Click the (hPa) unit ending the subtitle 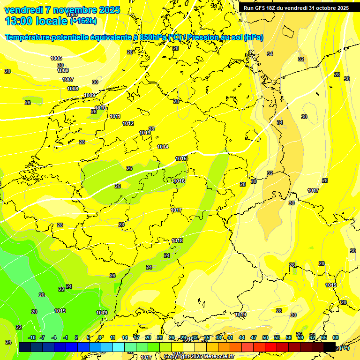point(254,37)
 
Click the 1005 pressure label point(56,58)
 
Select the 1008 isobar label point(73,89)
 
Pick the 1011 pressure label point(115,116)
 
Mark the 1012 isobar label point(128,123)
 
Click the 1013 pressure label point(145,133)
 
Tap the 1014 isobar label point(163,147)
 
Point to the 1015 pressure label point(181,158)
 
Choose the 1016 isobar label point(179,181)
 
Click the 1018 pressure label point(177,240)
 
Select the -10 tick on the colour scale point(32,337)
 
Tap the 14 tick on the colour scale point(125,337)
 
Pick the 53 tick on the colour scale point(277,337)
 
